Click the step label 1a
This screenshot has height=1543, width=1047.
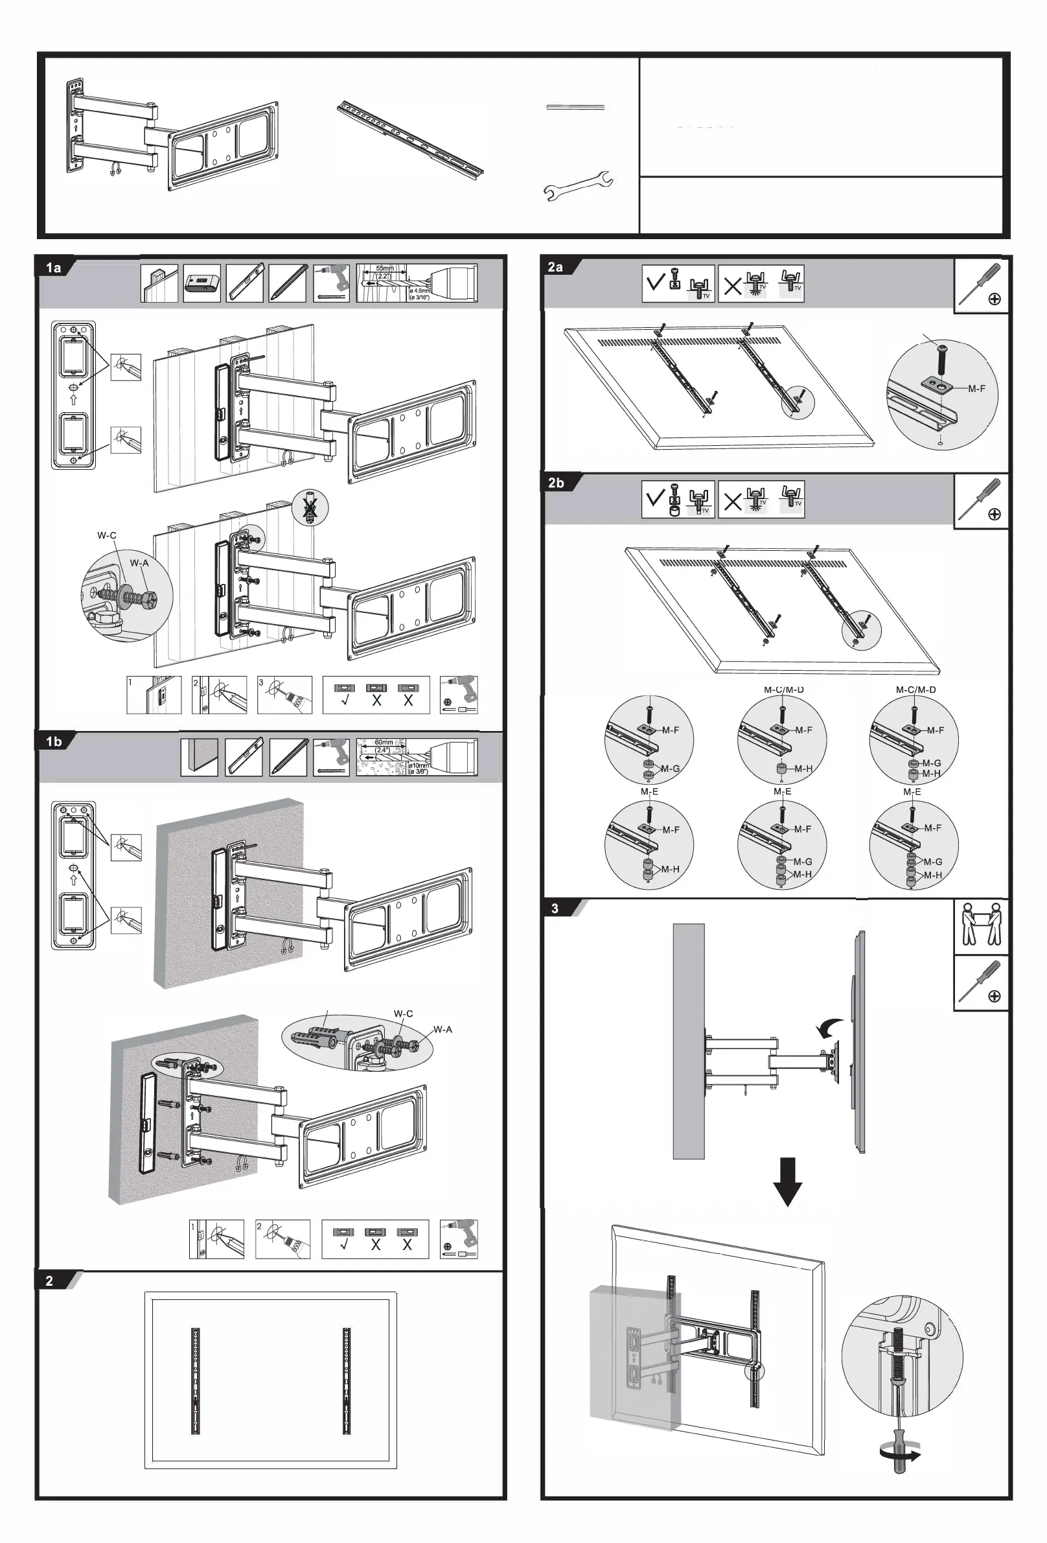(54, 268)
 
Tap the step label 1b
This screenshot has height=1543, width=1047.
(54, 741)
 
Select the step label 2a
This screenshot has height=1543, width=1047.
(556, 267)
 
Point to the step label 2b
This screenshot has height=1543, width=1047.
(556, 483)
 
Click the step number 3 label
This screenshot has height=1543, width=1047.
(555, 909)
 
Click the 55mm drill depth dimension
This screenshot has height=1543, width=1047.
(384, 269)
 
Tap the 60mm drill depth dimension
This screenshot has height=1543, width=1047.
(384, 742)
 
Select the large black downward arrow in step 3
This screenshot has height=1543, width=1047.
(788, 1181)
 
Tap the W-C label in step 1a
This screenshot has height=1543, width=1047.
(107, 535)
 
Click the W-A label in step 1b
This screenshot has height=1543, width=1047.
(443, 1029)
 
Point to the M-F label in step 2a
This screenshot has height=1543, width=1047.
(976, 388)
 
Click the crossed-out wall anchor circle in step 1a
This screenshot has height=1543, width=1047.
(310, 509)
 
